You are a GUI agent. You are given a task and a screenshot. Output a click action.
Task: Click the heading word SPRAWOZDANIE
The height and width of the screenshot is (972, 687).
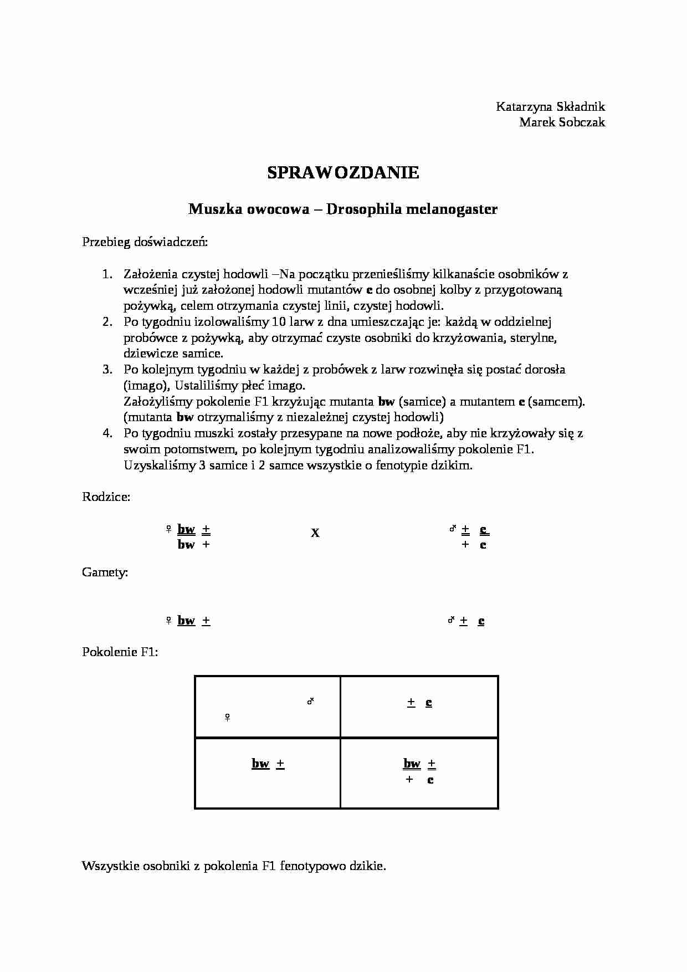[343, 173]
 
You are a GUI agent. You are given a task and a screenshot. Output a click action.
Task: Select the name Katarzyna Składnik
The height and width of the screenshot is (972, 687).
[550, 106]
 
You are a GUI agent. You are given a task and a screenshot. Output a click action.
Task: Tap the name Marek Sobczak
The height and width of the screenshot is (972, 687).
[562, 122]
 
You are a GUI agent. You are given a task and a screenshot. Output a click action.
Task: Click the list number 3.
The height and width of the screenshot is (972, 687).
[107, 369]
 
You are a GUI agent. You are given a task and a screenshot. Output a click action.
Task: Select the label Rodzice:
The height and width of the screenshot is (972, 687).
[106, 497]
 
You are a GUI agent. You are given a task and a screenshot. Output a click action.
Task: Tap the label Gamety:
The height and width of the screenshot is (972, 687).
[105, 572]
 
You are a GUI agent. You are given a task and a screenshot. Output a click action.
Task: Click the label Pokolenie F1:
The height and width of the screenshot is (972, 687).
[120, 652]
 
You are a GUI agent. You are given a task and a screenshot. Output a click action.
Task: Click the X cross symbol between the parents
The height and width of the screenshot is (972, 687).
[315, 533]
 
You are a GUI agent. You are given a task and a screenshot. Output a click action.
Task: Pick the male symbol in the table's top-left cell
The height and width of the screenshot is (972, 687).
[311, 702]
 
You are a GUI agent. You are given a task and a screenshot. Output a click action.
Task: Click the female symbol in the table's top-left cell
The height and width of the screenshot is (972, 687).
[227, 718]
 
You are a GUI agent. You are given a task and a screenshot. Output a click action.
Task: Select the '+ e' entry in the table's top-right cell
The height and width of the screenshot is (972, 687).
[419, 703]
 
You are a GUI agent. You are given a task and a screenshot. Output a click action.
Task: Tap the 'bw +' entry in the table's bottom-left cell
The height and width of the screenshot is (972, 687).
[268, 764]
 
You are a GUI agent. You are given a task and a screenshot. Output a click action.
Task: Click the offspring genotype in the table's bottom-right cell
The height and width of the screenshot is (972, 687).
[419, 771]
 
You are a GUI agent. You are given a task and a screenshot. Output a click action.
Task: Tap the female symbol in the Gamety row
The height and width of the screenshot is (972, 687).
[168, 621]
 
